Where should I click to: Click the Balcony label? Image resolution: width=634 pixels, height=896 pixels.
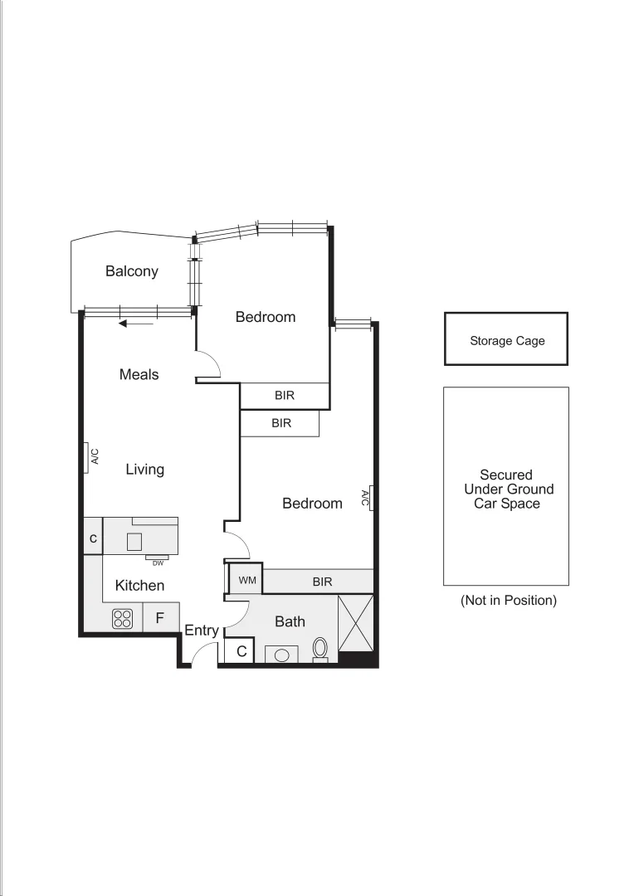pyautogui.click(x=131, y=271)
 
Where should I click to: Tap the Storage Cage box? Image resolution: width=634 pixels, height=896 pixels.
pyautogui.click(x=506, y=339)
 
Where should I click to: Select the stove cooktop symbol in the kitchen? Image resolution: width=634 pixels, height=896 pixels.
pyautogui.click(x=123, y=618)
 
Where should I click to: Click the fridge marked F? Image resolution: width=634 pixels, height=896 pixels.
pyautogui.click(x=161, y=618)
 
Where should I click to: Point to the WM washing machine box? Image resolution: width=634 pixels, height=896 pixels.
pyautogui.click(x=246, y=581)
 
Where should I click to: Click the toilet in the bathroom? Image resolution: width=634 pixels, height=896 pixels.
pyautogui.click(x=320, y=649)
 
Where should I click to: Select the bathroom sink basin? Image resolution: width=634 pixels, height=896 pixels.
pyautogui.click(x=281, y=655)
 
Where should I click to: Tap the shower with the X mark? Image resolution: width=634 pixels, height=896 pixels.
pyautogui.click(x=356, y=623)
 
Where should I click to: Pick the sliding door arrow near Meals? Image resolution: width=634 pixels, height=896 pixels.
pyautogui.click(x=136, y=324)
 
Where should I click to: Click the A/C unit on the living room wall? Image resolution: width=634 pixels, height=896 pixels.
pyautogui.click(x=88, y=457)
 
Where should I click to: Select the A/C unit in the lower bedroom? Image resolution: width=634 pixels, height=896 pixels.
pyautogui.click(x=370, y=498)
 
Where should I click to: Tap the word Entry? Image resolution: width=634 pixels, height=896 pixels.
pyautogui.click(x=202, y=631)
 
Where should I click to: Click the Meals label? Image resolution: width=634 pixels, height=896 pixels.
pyautogui.click(x=139, y=374)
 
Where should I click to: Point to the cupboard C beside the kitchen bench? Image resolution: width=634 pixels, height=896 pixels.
pyautogui.click(x=93, y=538)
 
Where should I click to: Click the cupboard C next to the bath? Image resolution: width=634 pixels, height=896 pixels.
pyautogui.click(x=241, y=651)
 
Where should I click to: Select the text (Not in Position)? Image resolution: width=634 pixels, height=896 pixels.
pyautogui.click(x=508, y=600)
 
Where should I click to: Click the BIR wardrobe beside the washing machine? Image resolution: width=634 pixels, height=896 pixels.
pyautogui.click(x=322, y=582)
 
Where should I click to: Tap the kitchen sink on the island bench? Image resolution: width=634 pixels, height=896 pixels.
pyautogui.click(x=134, y=542)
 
